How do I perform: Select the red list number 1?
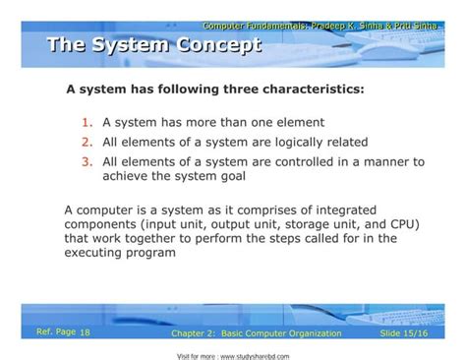87,124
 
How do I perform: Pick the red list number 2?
87,143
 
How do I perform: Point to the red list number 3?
87,161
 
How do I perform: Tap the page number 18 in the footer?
85,333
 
